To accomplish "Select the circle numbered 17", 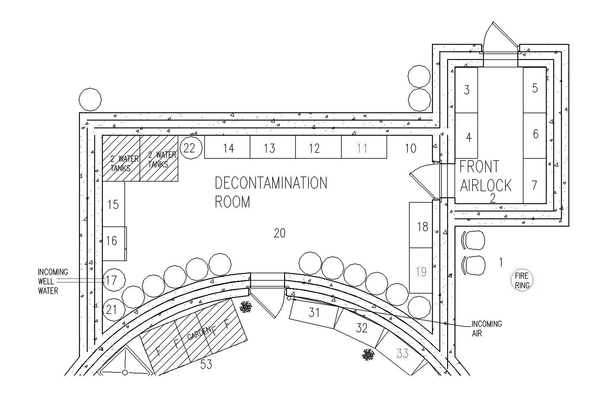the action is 114,280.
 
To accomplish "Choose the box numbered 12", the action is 318,147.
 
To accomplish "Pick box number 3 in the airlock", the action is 467,90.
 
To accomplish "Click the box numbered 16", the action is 114,243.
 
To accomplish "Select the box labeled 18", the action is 421,225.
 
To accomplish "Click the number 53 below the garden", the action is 206,364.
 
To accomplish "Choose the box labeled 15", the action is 114,204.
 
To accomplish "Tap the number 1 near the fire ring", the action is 501,262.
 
